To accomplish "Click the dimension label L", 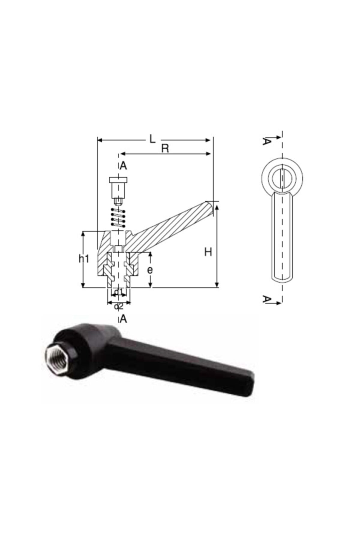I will tap(152, 139).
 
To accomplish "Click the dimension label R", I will tap(165, 148).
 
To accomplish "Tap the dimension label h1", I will tap(84, 259).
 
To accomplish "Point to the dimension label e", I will tap(150, 270).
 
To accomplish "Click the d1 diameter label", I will tap(119, 292).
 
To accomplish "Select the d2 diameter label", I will tap(119, 306).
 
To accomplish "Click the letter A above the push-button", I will tap(123, 166).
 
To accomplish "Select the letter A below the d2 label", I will tap(123, 319).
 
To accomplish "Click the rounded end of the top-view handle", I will tap(282, 277).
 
